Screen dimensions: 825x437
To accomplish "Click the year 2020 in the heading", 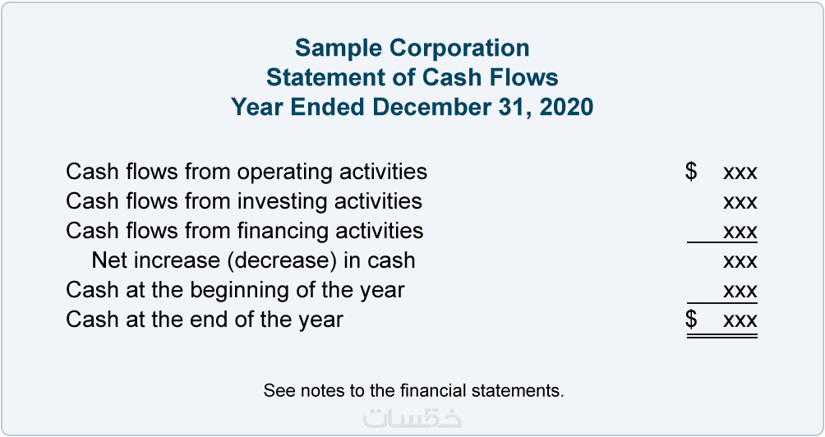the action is [566, 108].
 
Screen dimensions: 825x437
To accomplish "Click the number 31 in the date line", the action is [509, 108].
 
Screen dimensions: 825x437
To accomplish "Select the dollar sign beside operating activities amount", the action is [691, 172].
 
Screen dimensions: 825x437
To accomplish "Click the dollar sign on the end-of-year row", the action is [691, 320].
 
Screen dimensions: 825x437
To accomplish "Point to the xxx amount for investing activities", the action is [740, 203].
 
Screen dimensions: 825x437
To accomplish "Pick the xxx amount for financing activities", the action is [740, 232].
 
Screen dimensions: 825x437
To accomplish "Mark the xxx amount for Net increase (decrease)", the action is [740, 262].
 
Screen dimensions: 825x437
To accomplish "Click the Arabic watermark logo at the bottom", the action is [412, 416].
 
